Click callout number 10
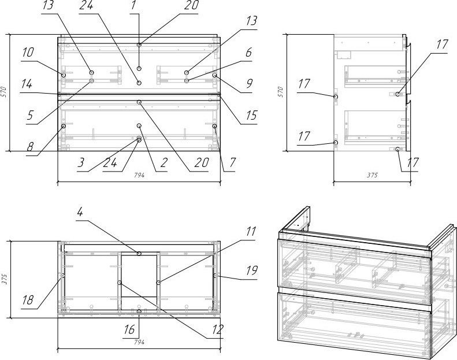28,53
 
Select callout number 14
27,84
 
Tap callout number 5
30,116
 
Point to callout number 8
30,147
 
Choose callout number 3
81,162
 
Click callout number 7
232,162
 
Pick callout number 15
251,116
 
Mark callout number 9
249,84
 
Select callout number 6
248,53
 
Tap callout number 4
80,212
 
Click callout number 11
251,232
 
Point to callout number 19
251,270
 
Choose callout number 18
28,300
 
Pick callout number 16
129,330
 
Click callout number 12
217,330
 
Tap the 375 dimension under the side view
372,175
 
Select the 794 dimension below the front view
139,175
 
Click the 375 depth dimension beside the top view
3,279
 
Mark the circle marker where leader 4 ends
139,254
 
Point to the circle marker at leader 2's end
139,125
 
